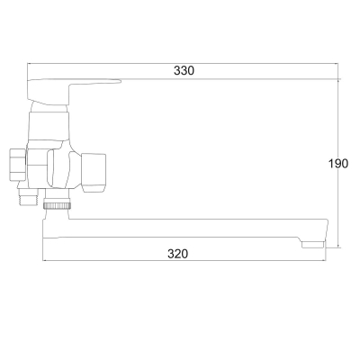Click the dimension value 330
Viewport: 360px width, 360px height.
[x=184, y=71]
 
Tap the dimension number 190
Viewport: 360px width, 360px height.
[x=338, y=164]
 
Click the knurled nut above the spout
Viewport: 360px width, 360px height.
[x=58, y=206]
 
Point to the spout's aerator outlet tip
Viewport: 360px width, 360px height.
[x=313, y=245]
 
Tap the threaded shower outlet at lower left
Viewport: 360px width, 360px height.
[x=28, y=197]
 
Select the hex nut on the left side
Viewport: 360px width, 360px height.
[x=17, y=164]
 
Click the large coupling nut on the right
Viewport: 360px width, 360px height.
[x=94, y=173]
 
